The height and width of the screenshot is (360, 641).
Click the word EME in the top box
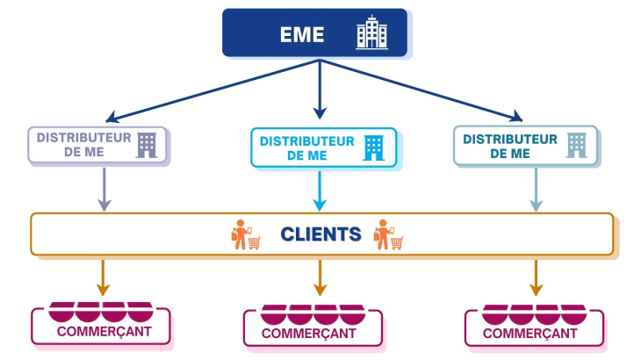click(302, 35)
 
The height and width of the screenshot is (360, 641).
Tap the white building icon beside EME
click(371, 34)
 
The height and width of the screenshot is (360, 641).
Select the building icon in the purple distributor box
click(146, 145)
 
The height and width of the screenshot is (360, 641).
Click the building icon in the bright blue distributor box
click(374, 147)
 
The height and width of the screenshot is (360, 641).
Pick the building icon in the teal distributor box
click(576, 145)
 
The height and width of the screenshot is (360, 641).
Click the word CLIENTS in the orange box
click(320, 234)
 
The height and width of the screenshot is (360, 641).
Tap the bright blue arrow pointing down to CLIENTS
click(320, 191)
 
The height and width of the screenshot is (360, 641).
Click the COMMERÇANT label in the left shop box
click(103, 332)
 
